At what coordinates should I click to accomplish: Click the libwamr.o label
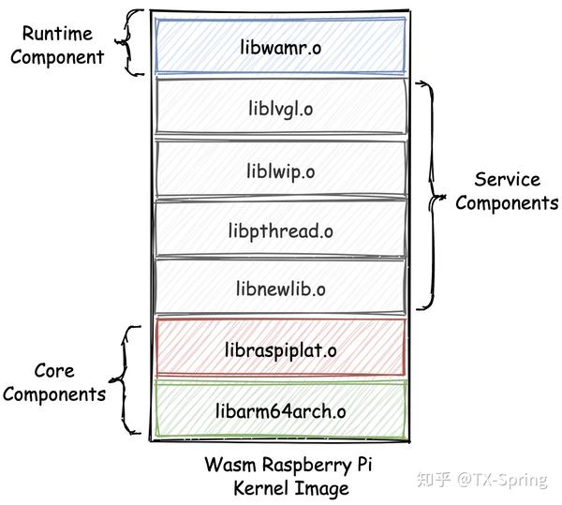coord(280,47)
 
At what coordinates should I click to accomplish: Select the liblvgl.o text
coord(280,109)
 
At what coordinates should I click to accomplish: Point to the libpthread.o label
coord(280,230)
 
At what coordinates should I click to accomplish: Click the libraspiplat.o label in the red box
coord(280,349)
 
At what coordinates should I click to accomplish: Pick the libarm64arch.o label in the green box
coord(280,409)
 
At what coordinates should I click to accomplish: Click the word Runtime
coord(59,35)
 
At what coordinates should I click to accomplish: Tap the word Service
coord(507,180)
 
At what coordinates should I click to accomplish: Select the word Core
coord(54,371)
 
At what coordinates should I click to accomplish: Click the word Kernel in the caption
coord(261,488)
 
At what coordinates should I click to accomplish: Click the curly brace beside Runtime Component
coord(131,43)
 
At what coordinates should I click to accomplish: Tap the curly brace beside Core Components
coord(123,381)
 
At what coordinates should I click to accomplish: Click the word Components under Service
coord(507,202)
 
